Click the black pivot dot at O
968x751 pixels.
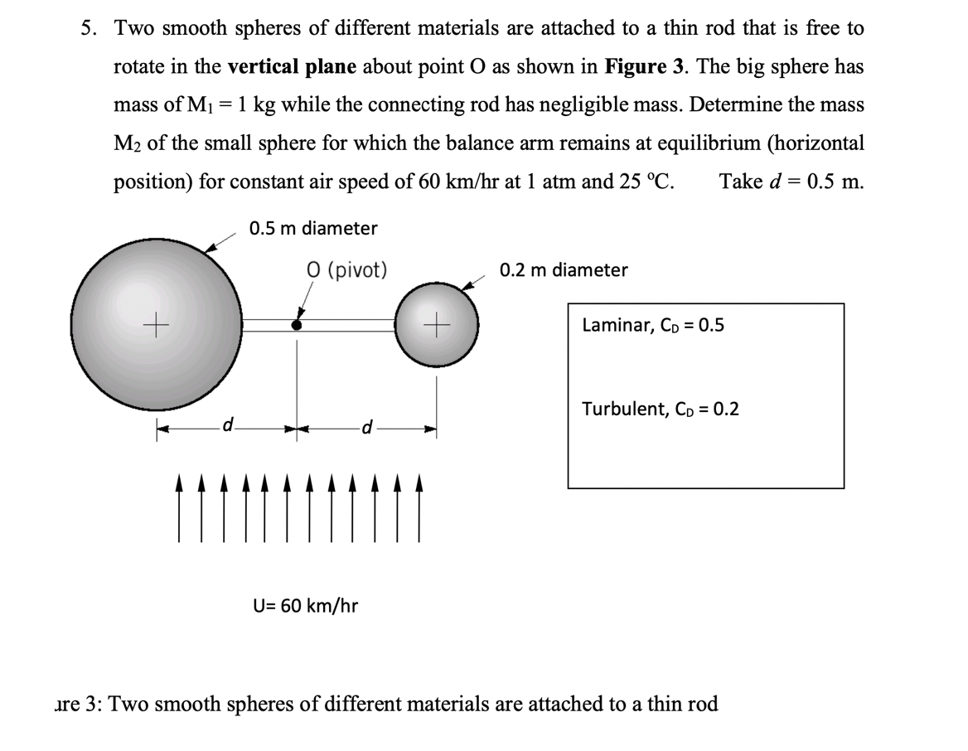point(296,325)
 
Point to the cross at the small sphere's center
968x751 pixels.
point(438,325)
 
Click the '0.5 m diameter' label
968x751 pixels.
point(313,228)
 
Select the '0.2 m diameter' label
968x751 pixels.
point(564,269)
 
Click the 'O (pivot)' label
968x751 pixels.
point(346,269)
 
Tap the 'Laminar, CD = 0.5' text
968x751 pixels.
point(653,325)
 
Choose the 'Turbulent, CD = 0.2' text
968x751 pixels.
point(661,409)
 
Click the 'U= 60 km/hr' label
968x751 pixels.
point(305,605)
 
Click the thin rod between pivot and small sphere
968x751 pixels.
point(348,325)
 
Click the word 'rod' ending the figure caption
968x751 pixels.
point(700,704)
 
